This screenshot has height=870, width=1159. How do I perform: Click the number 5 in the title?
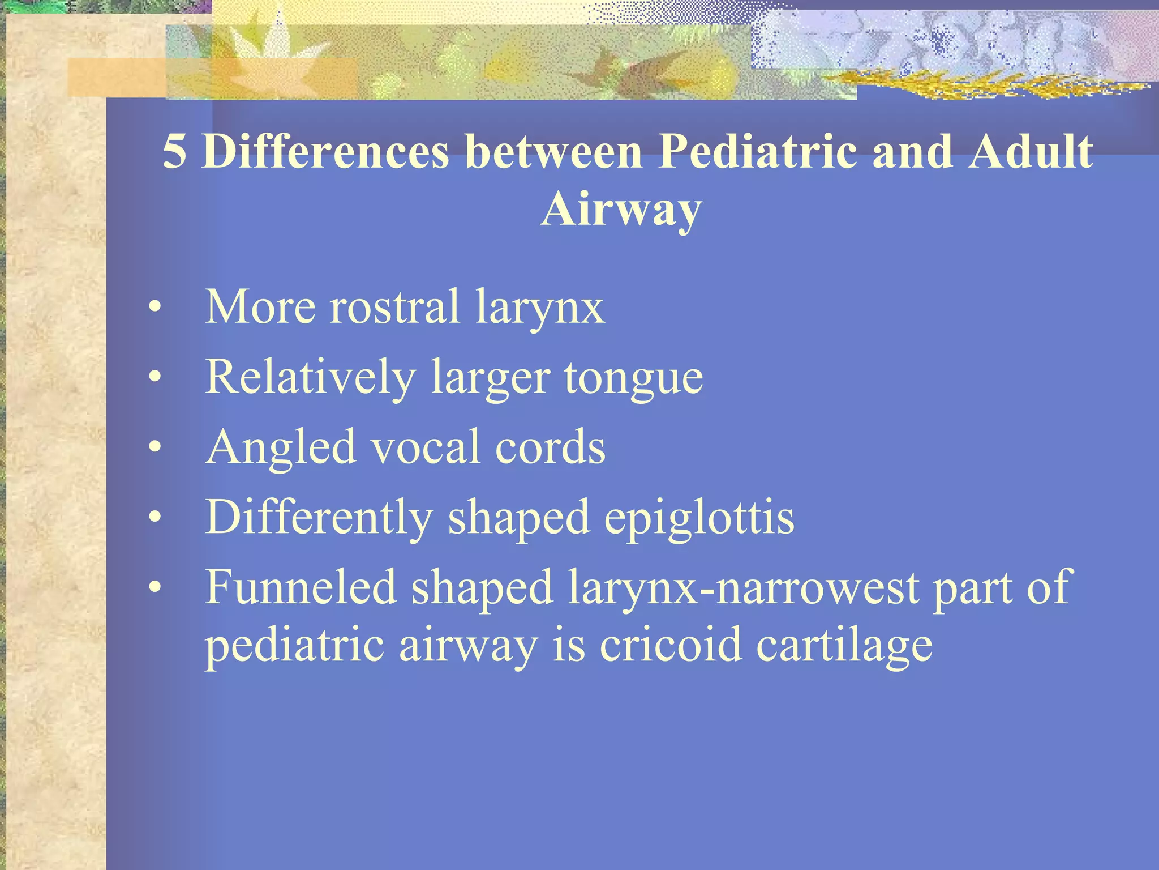(174, 152)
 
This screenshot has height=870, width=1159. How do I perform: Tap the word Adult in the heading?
(1030, 152)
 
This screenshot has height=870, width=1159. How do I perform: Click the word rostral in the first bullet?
(394, 307)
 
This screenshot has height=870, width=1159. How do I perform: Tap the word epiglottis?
(699, 518)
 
